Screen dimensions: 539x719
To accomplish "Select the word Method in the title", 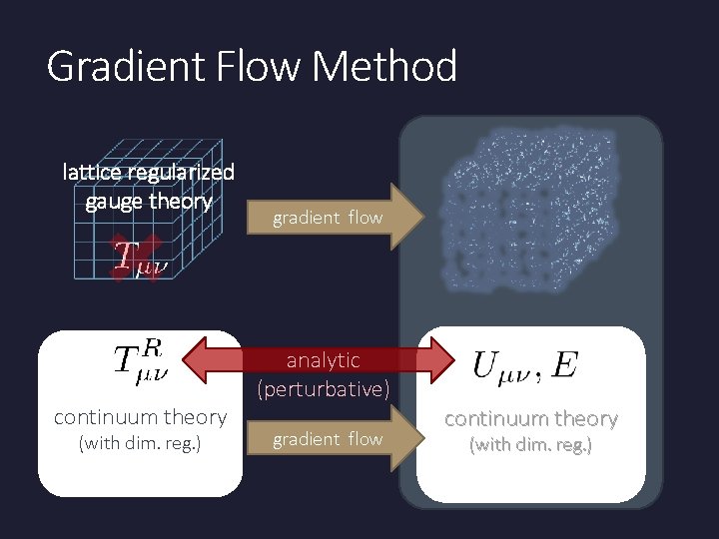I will point(385,67).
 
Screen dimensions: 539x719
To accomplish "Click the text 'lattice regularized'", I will point(149,172).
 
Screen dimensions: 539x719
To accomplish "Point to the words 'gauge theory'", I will point(149,201).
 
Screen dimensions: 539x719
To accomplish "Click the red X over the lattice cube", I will point(137,258).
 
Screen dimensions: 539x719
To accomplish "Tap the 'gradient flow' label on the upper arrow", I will point(328,217).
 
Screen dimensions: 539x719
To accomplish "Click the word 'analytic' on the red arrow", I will point(323,359).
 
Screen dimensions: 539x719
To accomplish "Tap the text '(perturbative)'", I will point(323,389).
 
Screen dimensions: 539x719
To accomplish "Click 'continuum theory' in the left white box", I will point(140,417).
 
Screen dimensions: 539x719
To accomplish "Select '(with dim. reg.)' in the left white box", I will point(140,443).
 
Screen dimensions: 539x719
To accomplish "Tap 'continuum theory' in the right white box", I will point(530,418).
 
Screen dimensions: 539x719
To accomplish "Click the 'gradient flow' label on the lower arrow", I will point(328,438).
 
